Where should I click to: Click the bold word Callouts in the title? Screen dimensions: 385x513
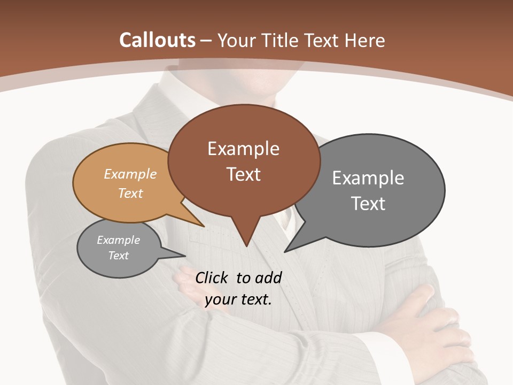[x=157, y=40]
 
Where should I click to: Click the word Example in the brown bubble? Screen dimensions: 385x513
[x=243, y=149]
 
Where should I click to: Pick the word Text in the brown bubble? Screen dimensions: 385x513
[x=243, y=174]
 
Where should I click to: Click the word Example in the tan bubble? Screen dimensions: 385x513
[x=130, y=174]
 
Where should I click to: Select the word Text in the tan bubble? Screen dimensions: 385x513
[x=130, y=193]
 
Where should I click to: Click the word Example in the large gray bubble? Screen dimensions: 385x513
[x=368, y=178]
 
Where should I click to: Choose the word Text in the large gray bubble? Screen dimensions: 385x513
[x=368, y=204]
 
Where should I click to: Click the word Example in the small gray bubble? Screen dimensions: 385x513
[x=118, y=240]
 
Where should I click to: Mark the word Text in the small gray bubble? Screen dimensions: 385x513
[x=118, y=256]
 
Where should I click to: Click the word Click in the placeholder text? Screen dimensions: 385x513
[x=212, y=278]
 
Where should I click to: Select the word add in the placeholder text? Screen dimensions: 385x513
[x=268, y=278]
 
